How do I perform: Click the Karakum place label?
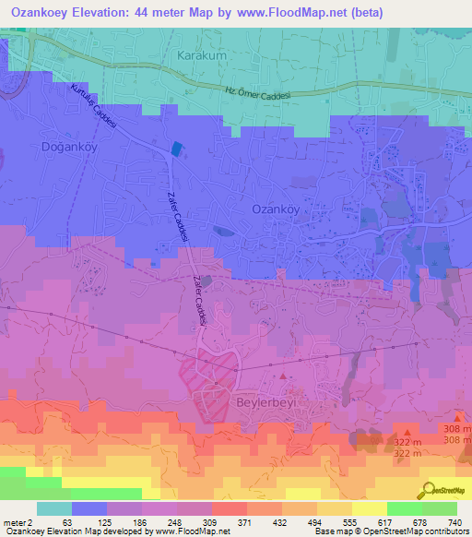[x=200, y=55]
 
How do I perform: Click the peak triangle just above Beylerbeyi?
[x=284, y=376]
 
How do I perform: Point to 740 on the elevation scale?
[x=454, y=522]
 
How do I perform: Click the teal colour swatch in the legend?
[x=54, y=508]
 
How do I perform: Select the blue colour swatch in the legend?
[x=89, y=508]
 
